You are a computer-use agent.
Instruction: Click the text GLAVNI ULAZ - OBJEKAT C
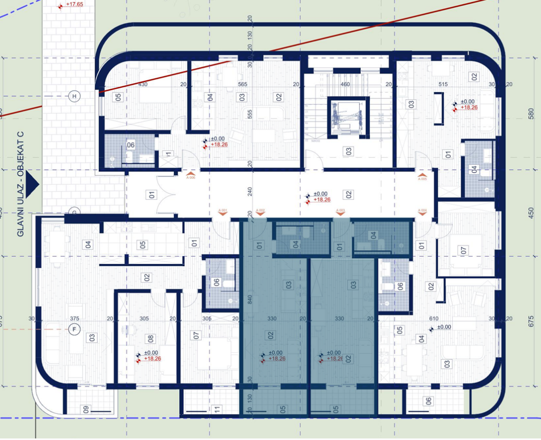coord(21,182)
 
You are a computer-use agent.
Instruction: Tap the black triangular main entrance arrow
coord(32,183)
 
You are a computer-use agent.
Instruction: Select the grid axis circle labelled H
coord(74,96)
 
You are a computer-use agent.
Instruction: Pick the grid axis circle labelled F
coord(74,329)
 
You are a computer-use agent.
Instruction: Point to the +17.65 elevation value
coord(74,4)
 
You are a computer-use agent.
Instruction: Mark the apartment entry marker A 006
coord(191,175)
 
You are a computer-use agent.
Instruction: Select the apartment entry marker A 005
coord(422,175)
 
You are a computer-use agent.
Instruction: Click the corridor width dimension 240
coord(249,191)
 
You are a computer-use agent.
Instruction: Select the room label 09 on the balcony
coord(86,409)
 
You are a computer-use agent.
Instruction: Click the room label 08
coord(151,338)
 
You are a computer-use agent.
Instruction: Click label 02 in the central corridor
coord(349,194)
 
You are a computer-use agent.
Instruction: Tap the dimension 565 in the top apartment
coord(242,85)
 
